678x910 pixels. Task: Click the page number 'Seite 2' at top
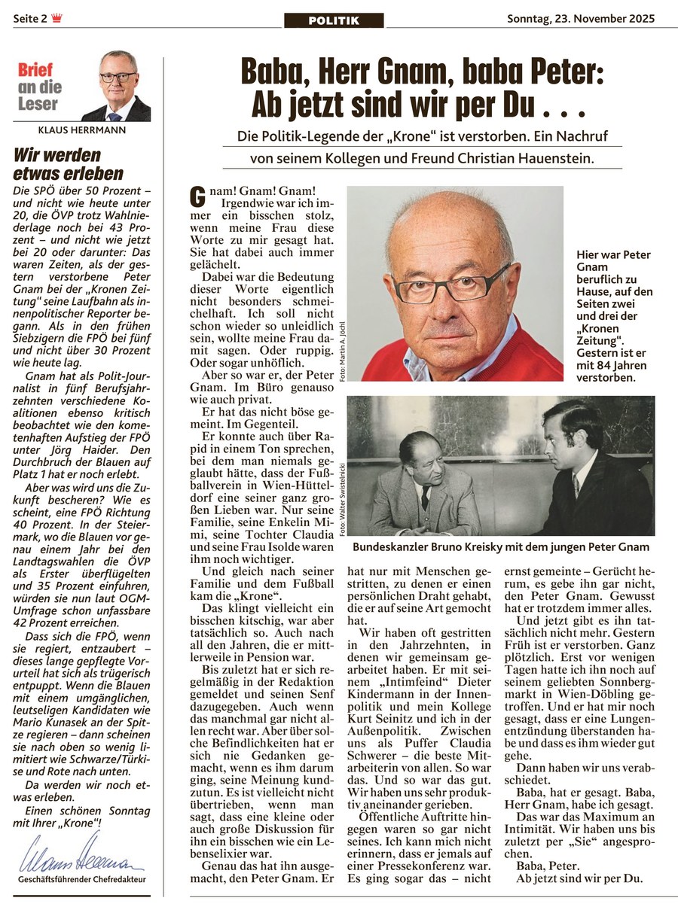pos(29,19)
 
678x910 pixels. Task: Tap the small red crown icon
pos(57,19)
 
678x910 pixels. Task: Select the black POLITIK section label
pos(334,21)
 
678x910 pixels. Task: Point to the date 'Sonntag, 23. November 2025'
pos(581,19)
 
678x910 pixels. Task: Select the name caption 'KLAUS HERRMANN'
pos(81,130)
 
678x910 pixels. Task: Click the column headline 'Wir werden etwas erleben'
pos(69,164)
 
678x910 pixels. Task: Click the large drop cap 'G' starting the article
pos(198,198)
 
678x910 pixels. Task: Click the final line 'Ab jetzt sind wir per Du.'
pos(579,878)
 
